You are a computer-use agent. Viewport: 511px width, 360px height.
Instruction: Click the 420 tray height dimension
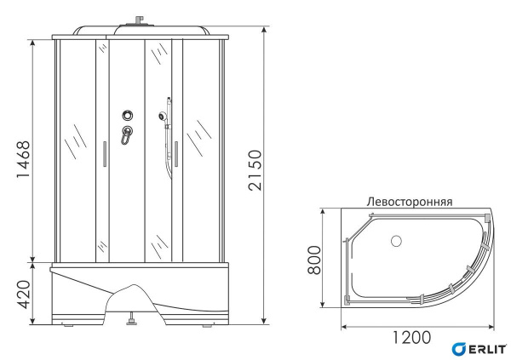[23, 294]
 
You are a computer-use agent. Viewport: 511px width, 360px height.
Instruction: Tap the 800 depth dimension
[313, 258]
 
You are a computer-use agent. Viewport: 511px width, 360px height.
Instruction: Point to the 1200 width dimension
[411, 337]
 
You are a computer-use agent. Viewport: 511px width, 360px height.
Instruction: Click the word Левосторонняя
[409, 203]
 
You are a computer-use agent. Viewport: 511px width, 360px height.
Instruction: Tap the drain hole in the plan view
[394, 241]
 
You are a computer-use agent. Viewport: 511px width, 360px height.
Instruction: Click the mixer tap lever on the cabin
[127, 136]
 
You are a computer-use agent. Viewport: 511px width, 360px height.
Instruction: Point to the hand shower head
[162, 113]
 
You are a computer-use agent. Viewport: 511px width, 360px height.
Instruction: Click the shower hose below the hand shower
[168, 149]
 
